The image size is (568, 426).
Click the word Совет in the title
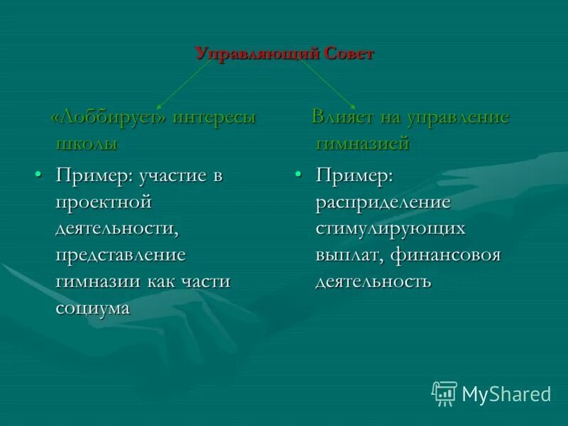349,55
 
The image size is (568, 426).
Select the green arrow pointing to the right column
328,83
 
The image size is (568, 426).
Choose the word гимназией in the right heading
362,143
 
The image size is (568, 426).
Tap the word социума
93,307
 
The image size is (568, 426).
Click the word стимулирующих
390,229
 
